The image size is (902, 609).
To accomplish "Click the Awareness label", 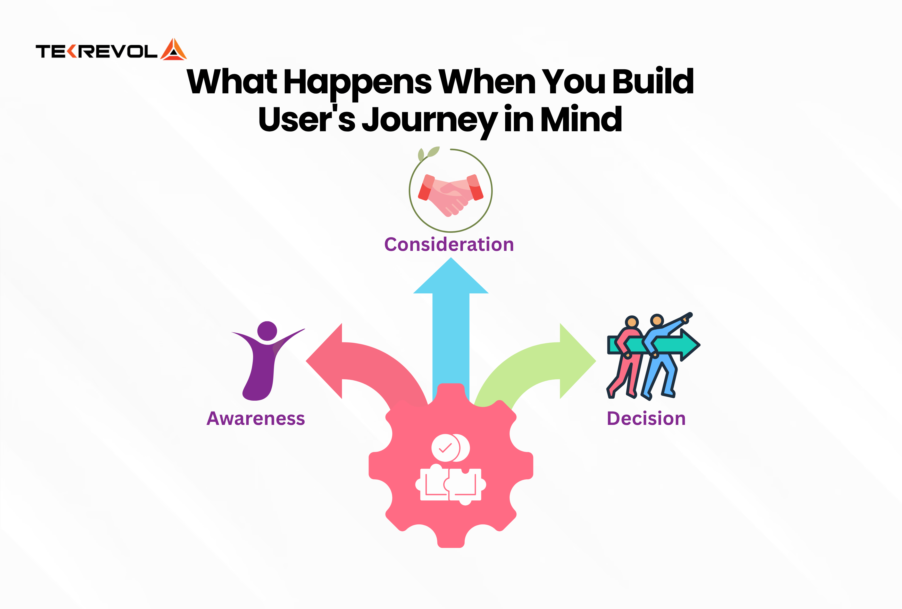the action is (256, 419).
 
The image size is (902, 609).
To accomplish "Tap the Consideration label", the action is (449, 244).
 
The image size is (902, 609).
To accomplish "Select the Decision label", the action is (646, 419).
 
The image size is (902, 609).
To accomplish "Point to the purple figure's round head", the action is (267, 331).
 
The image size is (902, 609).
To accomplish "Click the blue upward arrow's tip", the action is (451, 258).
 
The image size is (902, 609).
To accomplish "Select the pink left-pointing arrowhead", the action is (324, 361).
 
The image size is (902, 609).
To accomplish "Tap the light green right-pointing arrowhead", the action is (578, 361).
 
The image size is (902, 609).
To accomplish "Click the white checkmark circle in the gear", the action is (446, 448).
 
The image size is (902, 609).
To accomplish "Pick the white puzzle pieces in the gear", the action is (450, 485).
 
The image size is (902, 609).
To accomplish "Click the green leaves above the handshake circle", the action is (428, 153).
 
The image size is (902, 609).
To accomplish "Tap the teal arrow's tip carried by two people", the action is (699, 344).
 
